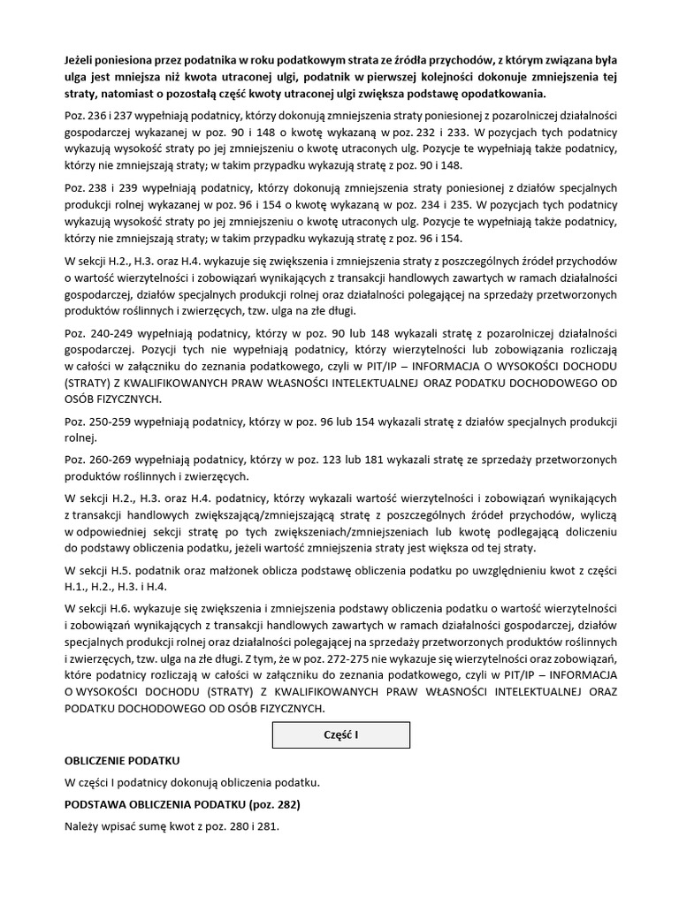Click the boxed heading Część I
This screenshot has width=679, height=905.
[x=340, y=735]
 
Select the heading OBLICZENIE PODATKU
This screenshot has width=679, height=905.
[x=122, y=760]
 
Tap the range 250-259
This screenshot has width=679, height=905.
[x=111, y=421]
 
